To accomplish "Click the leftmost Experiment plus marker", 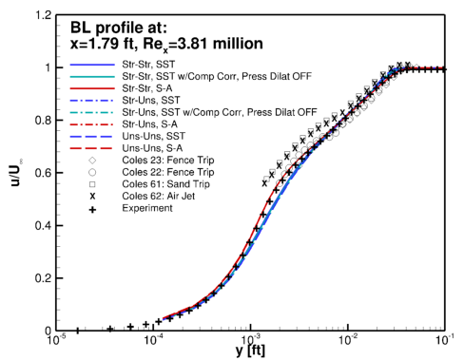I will [x=78, y=330].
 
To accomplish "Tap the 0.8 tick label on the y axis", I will [x=40, y=121].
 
